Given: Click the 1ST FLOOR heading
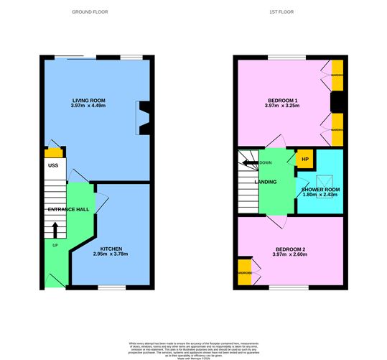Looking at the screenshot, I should [289, 13].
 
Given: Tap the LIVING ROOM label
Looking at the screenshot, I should [89, 100].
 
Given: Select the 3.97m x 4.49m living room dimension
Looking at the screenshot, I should [89, 106].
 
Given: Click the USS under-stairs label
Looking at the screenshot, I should [53, 166].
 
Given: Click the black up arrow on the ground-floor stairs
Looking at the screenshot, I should [55, 229].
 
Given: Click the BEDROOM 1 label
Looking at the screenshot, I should [282, 100].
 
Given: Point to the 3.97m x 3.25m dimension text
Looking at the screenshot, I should [282, 106].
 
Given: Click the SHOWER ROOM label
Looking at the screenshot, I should [320, 189].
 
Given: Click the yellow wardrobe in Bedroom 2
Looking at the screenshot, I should [245, 273].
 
